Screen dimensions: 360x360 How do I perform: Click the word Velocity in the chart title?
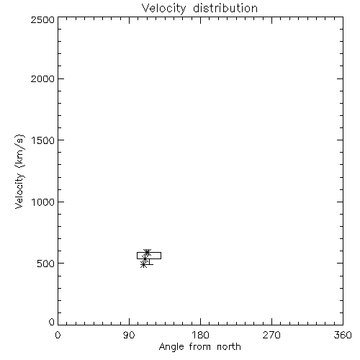click(163, 9)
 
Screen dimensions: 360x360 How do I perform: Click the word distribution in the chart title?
click(225, 8)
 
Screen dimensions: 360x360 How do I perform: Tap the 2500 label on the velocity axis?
click(42, 19)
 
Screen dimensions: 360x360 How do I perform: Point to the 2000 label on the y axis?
click(42, 78)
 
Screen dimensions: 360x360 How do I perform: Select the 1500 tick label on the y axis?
click(43, 140)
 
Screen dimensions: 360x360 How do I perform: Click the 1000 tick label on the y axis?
click(43, 202)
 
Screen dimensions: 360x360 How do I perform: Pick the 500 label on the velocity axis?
click(46, 264)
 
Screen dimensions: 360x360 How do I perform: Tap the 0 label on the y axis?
click(52, 322)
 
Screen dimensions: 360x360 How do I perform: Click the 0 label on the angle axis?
click(58, 335)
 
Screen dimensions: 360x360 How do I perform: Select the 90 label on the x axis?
click(129, 335)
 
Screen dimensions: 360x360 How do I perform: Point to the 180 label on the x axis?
click(200, 335)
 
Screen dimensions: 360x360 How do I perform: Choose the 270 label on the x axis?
click(271, 335)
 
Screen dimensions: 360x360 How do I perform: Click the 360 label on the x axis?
click(343, 335)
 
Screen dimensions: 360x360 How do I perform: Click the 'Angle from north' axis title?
click(200, 347)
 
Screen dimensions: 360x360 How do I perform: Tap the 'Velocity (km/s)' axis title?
click(19, 171)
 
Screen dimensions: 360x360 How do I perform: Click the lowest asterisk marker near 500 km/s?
click(143, 265)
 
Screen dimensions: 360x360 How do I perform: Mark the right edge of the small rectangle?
click(161, 256)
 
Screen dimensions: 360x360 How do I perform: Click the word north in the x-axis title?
click(229, 346)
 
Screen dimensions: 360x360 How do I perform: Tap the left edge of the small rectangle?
click(137, 256)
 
